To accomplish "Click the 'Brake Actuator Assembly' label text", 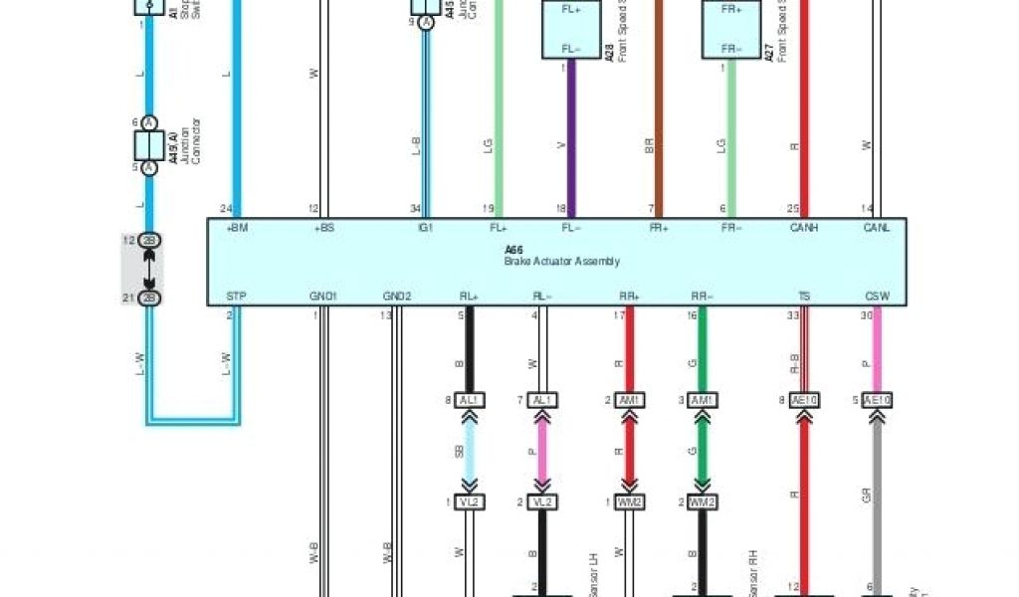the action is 561,262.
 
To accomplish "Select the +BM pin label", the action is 238,227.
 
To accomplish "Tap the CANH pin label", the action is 804,227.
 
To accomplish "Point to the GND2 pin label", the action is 397,296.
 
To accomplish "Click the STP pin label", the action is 236,296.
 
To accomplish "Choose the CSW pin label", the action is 877,296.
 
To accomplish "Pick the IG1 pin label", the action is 426,227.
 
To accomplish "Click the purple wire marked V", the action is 571,139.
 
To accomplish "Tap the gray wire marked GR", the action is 877,488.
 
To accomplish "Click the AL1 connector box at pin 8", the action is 470,400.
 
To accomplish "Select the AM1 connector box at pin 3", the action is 702,400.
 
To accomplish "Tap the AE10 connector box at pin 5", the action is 877,400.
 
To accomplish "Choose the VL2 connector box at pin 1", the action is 470,501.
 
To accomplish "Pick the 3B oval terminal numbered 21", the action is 149,298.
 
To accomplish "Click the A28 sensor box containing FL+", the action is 571,30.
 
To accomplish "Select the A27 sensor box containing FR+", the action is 731,30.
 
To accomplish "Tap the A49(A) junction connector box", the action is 149,145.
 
